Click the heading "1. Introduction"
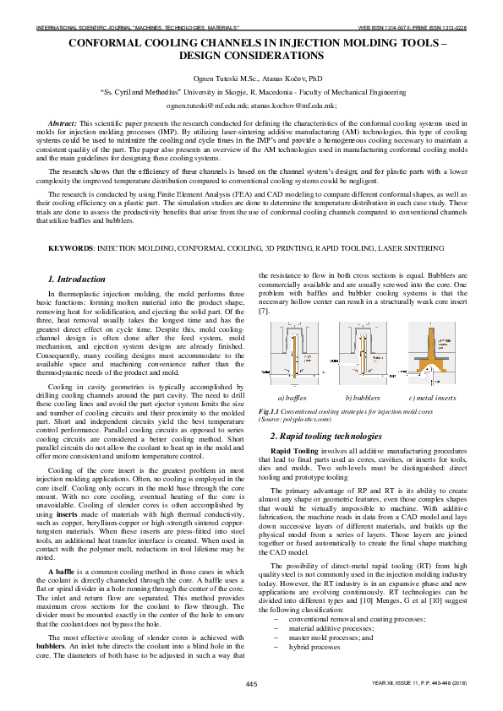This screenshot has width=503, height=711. pyautogui.click(x=77, y=279)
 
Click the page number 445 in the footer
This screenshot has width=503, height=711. pyautogui.click(x=251, y=682)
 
